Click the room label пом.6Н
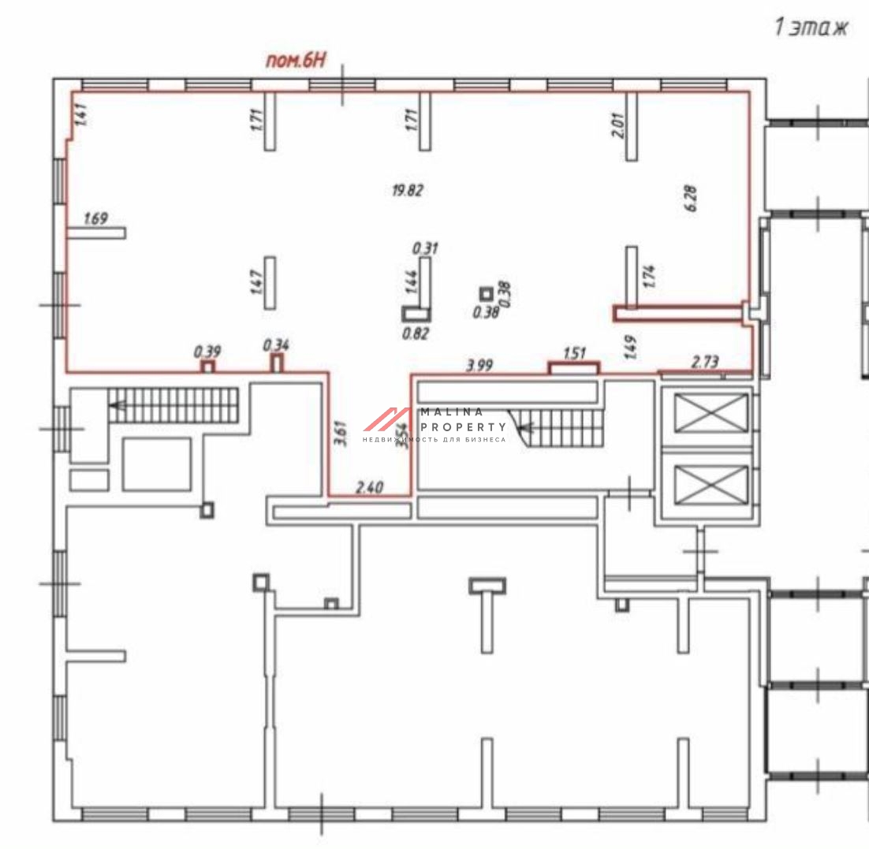click(x=294, y=61)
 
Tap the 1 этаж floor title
click(x=811, y=28)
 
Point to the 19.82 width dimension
click(x=408, y=190)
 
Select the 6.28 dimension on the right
click(x=692, y=197)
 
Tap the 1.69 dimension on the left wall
click(x=95, y=218)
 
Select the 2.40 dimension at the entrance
click(x=369, y=487)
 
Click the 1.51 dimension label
click(x=576, y=353)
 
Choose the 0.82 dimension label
click(x=416, y=333)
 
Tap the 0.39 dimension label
click(x=208, y=351)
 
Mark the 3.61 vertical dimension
click(x=340, y=434)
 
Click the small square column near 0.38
click(x=486, y=292)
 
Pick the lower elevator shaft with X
click(x=711, y=484)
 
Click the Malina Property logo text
click(x=464, y=419)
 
